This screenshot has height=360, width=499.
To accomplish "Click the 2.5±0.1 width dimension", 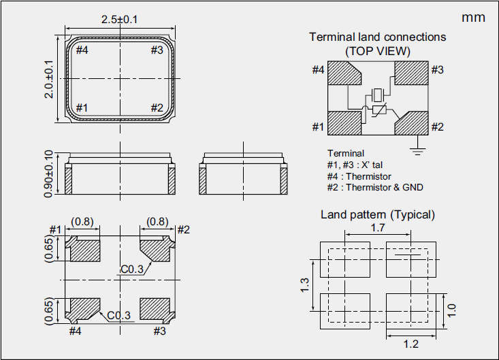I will point(120,19).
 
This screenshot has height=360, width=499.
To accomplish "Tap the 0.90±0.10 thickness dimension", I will point(48,174).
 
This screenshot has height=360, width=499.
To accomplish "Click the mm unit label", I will point(473,18).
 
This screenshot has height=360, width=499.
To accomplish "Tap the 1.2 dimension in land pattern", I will point(411,344).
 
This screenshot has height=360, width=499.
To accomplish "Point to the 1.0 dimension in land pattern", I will point(451,311).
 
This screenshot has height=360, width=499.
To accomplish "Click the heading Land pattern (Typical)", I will point(378,214).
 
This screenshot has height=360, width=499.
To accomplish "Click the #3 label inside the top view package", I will point(157,50).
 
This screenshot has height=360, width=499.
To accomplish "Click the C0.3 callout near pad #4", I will point(120,315).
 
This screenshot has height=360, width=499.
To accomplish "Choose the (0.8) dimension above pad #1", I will point(83,221).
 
